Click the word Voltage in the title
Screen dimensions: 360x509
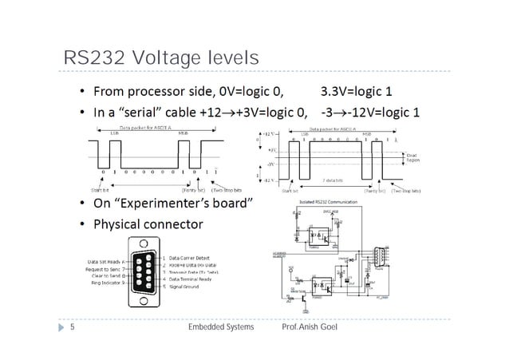160,60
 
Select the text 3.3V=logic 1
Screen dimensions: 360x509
367,90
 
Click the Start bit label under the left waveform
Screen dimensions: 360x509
101,191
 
